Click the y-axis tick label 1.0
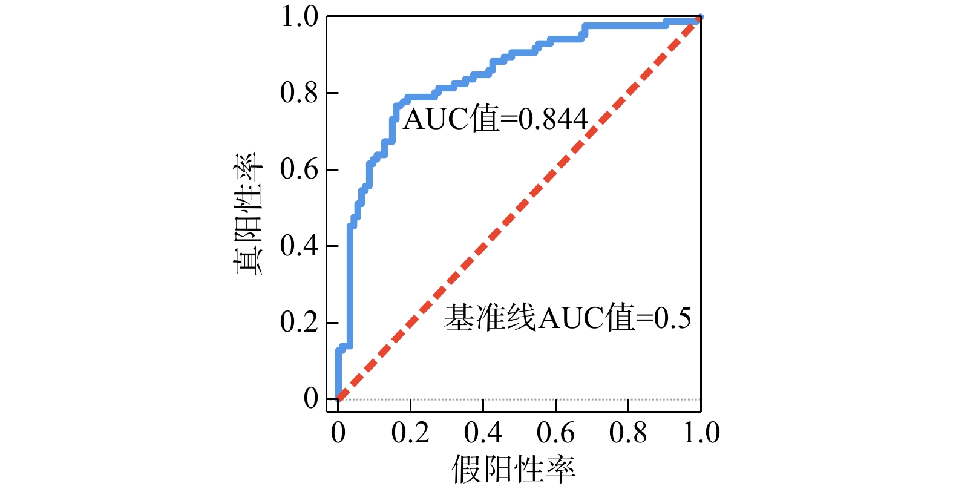coord(299,17)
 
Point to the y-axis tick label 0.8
coord(299,93)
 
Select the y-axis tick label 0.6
coord(299,169)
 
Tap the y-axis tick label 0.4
coord(299,246)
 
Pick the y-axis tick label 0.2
coord(299,322)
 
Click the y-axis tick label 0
coord(311,399)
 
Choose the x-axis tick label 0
coord(338,433)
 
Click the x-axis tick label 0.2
coord(410,433)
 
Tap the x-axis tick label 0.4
coord(483,433)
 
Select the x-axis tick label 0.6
coord(555,433)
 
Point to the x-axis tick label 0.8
coord(628,433)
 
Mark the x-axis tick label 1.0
coord(701,433)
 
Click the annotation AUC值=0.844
coord(495,119)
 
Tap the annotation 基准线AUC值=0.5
coord(568,318)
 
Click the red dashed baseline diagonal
coord(519,209)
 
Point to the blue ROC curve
coord(350,272)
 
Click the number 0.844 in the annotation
coord(553,120)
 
